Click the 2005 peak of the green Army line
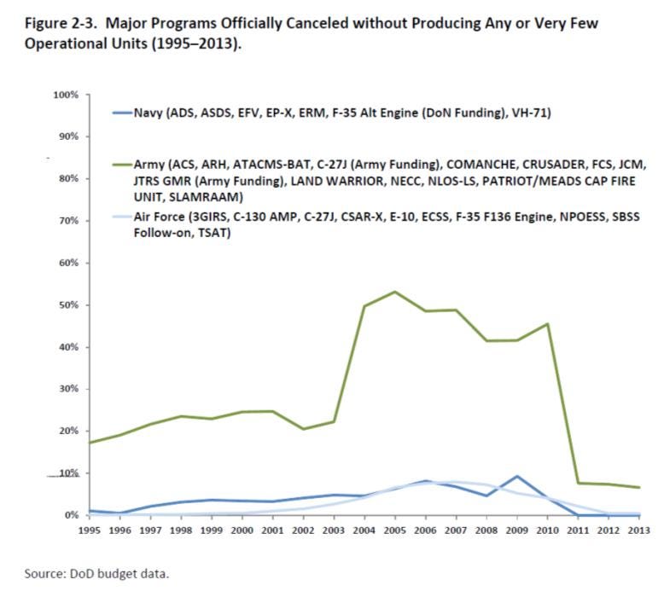[394, 292]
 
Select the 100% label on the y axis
[65, 95]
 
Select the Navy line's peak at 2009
[515, 477]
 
